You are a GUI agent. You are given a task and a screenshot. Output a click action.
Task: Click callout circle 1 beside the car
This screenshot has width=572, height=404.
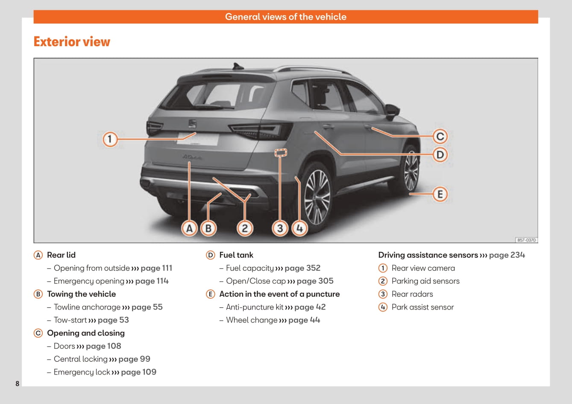pos(110,139)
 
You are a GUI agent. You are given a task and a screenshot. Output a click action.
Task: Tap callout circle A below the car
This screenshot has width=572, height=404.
pos(189,228)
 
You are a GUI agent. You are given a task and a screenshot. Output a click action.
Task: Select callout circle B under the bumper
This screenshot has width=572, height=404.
pos(208,228)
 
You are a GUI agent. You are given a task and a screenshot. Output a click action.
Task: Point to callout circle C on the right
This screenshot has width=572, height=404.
pos(440,136)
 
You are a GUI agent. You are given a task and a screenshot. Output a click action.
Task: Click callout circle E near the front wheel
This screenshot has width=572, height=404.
pos(440,195)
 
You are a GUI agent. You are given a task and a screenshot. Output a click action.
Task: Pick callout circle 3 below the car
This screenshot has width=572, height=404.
pos(280,228)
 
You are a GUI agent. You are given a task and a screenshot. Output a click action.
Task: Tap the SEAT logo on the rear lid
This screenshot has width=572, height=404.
pos(192,124)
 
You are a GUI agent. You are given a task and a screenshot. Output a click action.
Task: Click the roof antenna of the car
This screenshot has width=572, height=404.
pos(237,66)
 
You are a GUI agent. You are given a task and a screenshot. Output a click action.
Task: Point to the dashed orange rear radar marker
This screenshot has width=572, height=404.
pos(281,152)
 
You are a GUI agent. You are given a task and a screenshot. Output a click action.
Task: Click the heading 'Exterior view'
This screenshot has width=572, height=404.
pos(72,41)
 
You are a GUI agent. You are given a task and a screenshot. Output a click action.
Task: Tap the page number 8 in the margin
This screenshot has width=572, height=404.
pos(18,383)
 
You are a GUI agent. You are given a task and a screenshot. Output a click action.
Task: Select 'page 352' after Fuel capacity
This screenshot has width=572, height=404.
pos(302,268)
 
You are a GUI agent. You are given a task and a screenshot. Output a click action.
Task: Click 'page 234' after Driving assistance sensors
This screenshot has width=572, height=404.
pos(507,255)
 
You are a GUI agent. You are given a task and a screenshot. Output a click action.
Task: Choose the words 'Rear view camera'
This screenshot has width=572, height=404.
pos(423,268)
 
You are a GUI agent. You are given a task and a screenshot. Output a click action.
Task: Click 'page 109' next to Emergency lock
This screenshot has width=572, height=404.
pos(138,372)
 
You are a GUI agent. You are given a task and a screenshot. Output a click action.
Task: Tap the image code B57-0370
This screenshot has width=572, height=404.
pos(526,240)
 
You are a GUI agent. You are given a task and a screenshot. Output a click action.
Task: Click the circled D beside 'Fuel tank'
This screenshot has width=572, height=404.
pos(210,255)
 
